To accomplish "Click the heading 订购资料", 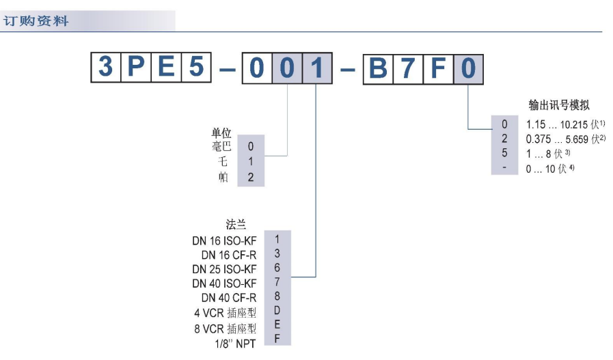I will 36,21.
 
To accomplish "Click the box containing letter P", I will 135,68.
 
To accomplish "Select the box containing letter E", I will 165,68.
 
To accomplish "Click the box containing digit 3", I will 106,68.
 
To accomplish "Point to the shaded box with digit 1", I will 316,68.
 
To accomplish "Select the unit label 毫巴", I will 222,146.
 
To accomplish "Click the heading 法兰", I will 236,224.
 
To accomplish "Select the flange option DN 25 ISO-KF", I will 224,268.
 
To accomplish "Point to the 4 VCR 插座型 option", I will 225,314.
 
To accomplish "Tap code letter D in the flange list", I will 277,312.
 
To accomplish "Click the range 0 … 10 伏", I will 549,168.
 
